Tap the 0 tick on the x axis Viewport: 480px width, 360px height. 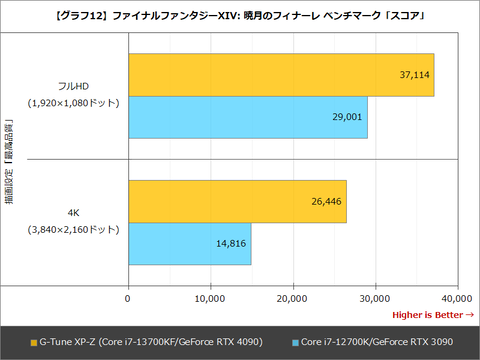(x=128, y=298)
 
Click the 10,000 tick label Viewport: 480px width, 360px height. (x=210, y=298)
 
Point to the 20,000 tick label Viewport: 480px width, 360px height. (x=292, y=298)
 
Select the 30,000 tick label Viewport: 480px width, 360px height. (x=374, y=298)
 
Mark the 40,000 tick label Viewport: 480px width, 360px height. (x=455, y=298)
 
